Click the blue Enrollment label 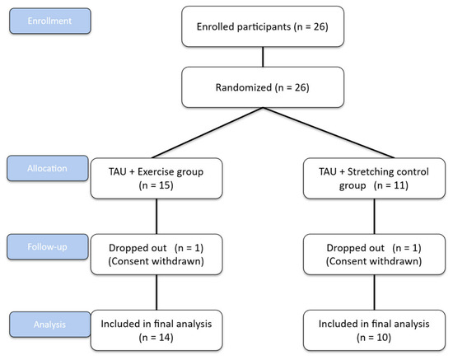coord(50,21)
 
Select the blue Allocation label coord(48,168)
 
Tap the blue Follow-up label coord(48,247)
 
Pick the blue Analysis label coord(50,325)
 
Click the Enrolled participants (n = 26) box coord(263,26)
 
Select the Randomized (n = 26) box coord(263,87)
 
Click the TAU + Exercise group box coord(156,178)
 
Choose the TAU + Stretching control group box coord(375,178)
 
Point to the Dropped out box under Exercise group coord(156,255)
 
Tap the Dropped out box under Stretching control coord(375,255)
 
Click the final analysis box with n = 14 coord(156,330)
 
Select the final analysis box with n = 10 coord(375,330)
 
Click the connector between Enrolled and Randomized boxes coord(263,57)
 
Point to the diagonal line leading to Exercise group coord(208,133)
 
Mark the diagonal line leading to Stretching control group coord(329,133)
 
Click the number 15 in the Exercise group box coord(166,185)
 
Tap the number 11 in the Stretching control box coord(400,185)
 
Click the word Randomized coord(244,87)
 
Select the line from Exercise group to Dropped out coord(156,217)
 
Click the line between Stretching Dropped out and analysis coord(375,292)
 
